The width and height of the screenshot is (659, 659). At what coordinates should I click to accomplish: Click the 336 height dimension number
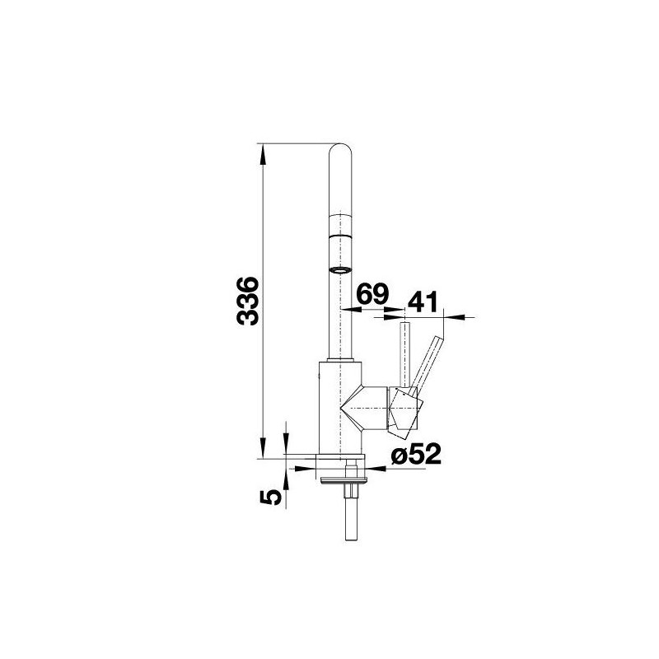pyautogui.click(x=246, y=301)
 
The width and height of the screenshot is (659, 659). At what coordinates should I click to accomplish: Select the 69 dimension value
pyautogui.click(x=372, y=294)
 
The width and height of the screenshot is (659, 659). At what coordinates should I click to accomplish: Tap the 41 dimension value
pyautogui.click(x=423, y=301)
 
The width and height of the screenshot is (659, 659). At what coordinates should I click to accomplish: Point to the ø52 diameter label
pyautogui.click(x=416, y=454)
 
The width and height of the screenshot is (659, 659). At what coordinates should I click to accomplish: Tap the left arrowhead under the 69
pyautogui.click(x=352, y=310)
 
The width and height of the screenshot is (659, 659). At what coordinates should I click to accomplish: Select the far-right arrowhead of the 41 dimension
pyautogui.click(x=454, y=317)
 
